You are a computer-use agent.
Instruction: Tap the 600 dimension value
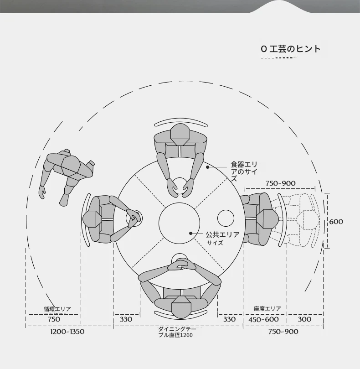click(336, 222)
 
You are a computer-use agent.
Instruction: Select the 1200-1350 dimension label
click(67, 332)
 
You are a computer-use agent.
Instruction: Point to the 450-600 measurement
click(263, 319)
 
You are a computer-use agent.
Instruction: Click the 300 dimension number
click(304, 319)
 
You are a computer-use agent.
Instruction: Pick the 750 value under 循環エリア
click(54, 319)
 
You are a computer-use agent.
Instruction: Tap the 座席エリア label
click(267, 309)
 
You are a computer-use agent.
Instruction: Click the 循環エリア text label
click(57, 309)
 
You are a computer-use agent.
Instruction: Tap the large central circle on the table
click(179, 222)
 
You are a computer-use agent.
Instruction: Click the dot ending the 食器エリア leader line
click(207, 167)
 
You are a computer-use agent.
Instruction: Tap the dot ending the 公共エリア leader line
click(191, 234)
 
